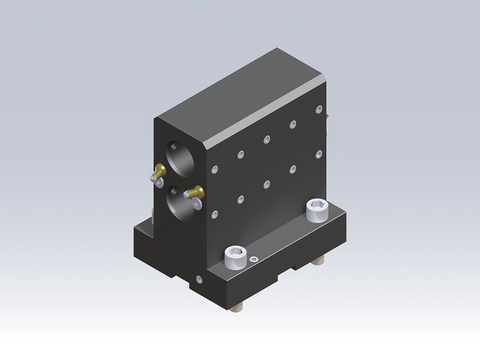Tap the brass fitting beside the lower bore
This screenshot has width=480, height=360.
click(x=194, y=191)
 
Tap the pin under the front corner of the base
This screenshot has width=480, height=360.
click(x=241, y=301)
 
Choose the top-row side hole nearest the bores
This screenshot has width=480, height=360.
click(x=242, y=154)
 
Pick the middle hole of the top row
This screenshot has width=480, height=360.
click(x=267, y=140)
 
